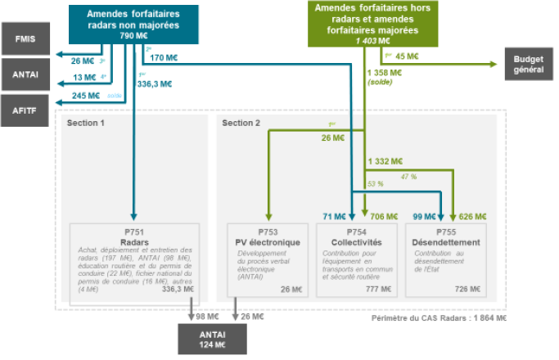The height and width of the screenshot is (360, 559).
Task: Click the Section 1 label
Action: pyautogui.click(x=86, y=123)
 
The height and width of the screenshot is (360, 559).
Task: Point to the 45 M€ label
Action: pyautogui.click(x=407, y=56)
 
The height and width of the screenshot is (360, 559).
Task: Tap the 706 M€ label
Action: pyautogui.click(x=384, y=217)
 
